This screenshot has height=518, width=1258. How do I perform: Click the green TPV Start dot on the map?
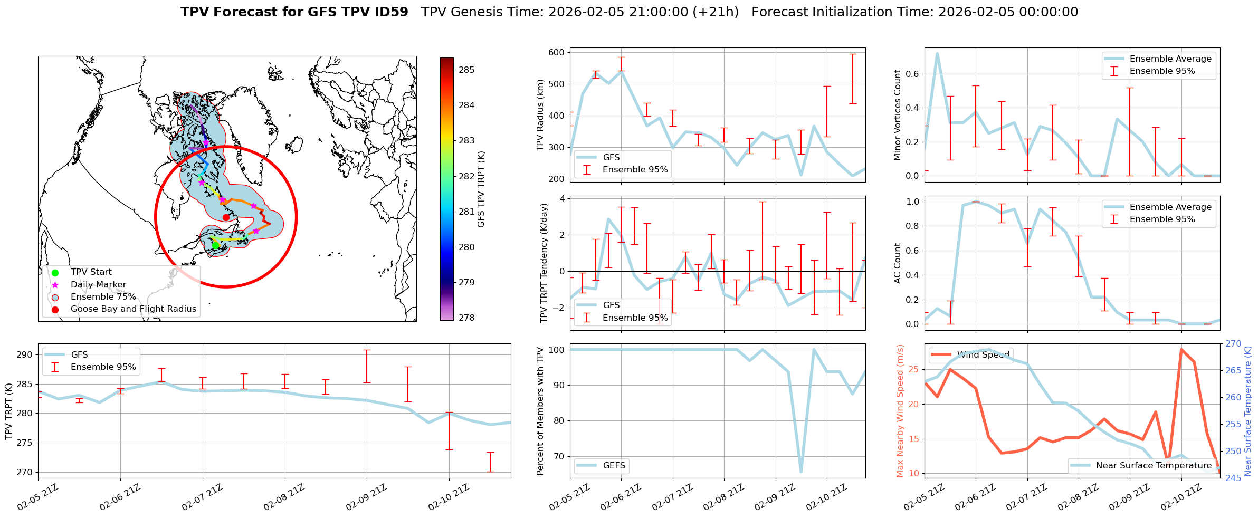(x=215, y=245)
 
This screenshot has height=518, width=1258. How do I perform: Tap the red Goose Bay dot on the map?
(x=226, y=217)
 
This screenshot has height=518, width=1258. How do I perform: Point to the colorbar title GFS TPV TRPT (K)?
(x=481, y=189)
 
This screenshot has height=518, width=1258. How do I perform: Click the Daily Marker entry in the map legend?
(x=98, y=285)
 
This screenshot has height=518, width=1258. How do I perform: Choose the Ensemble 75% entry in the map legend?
(x=103, y=297)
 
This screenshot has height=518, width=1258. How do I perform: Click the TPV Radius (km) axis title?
(x=540, y=115)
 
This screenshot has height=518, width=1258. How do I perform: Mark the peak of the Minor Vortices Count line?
(x=937, y=53)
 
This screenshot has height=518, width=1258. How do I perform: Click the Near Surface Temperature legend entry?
(x=1154, y=465)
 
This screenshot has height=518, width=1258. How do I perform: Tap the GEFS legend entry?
(x=614, y=465)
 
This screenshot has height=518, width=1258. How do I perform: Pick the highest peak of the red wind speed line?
(x=1181, y=349)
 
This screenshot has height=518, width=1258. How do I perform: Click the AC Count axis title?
(x=898, y=263)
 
